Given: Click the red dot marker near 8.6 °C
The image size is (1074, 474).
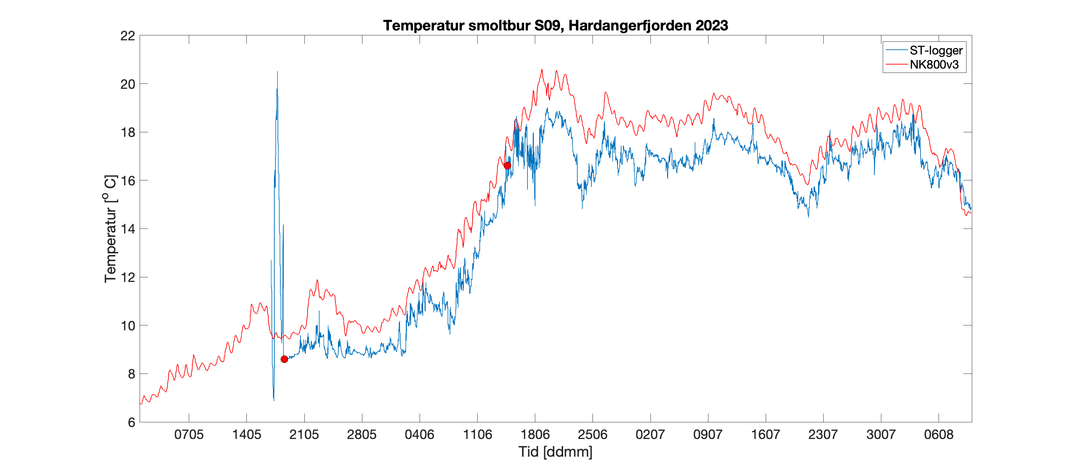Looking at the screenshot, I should tap(284, 359).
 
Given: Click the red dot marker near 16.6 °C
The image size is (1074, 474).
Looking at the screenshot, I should tap(507, 166).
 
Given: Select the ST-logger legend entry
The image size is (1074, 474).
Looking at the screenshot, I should tap(935, 51).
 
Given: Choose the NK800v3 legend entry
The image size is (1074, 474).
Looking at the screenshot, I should tap(934, 65).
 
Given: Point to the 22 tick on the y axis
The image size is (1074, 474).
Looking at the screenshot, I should tap(128, 36).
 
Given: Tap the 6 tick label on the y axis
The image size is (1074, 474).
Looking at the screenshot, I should tap(131, 422).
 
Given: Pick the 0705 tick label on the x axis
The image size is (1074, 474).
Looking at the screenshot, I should tap(189, 435).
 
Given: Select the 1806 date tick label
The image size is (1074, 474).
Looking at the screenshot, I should tap(535, 435).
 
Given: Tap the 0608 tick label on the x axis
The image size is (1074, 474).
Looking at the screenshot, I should tap(939, 435).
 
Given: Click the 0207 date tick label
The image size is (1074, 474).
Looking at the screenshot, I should tap(650, 435).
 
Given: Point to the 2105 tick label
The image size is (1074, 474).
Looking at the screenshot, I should tap(304, 435).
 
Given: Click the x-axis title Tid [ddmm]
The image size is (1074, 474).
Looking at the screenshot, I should tap(555, 452).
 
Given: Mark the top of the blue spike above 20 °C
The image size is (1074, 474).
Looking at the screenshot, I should tap(277, 72).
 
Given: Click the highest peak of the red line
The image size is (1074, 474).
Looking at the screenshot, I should tap(542, 70).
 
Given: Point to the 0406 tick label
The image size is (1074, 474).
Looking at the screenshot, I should tap(419, 435).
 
